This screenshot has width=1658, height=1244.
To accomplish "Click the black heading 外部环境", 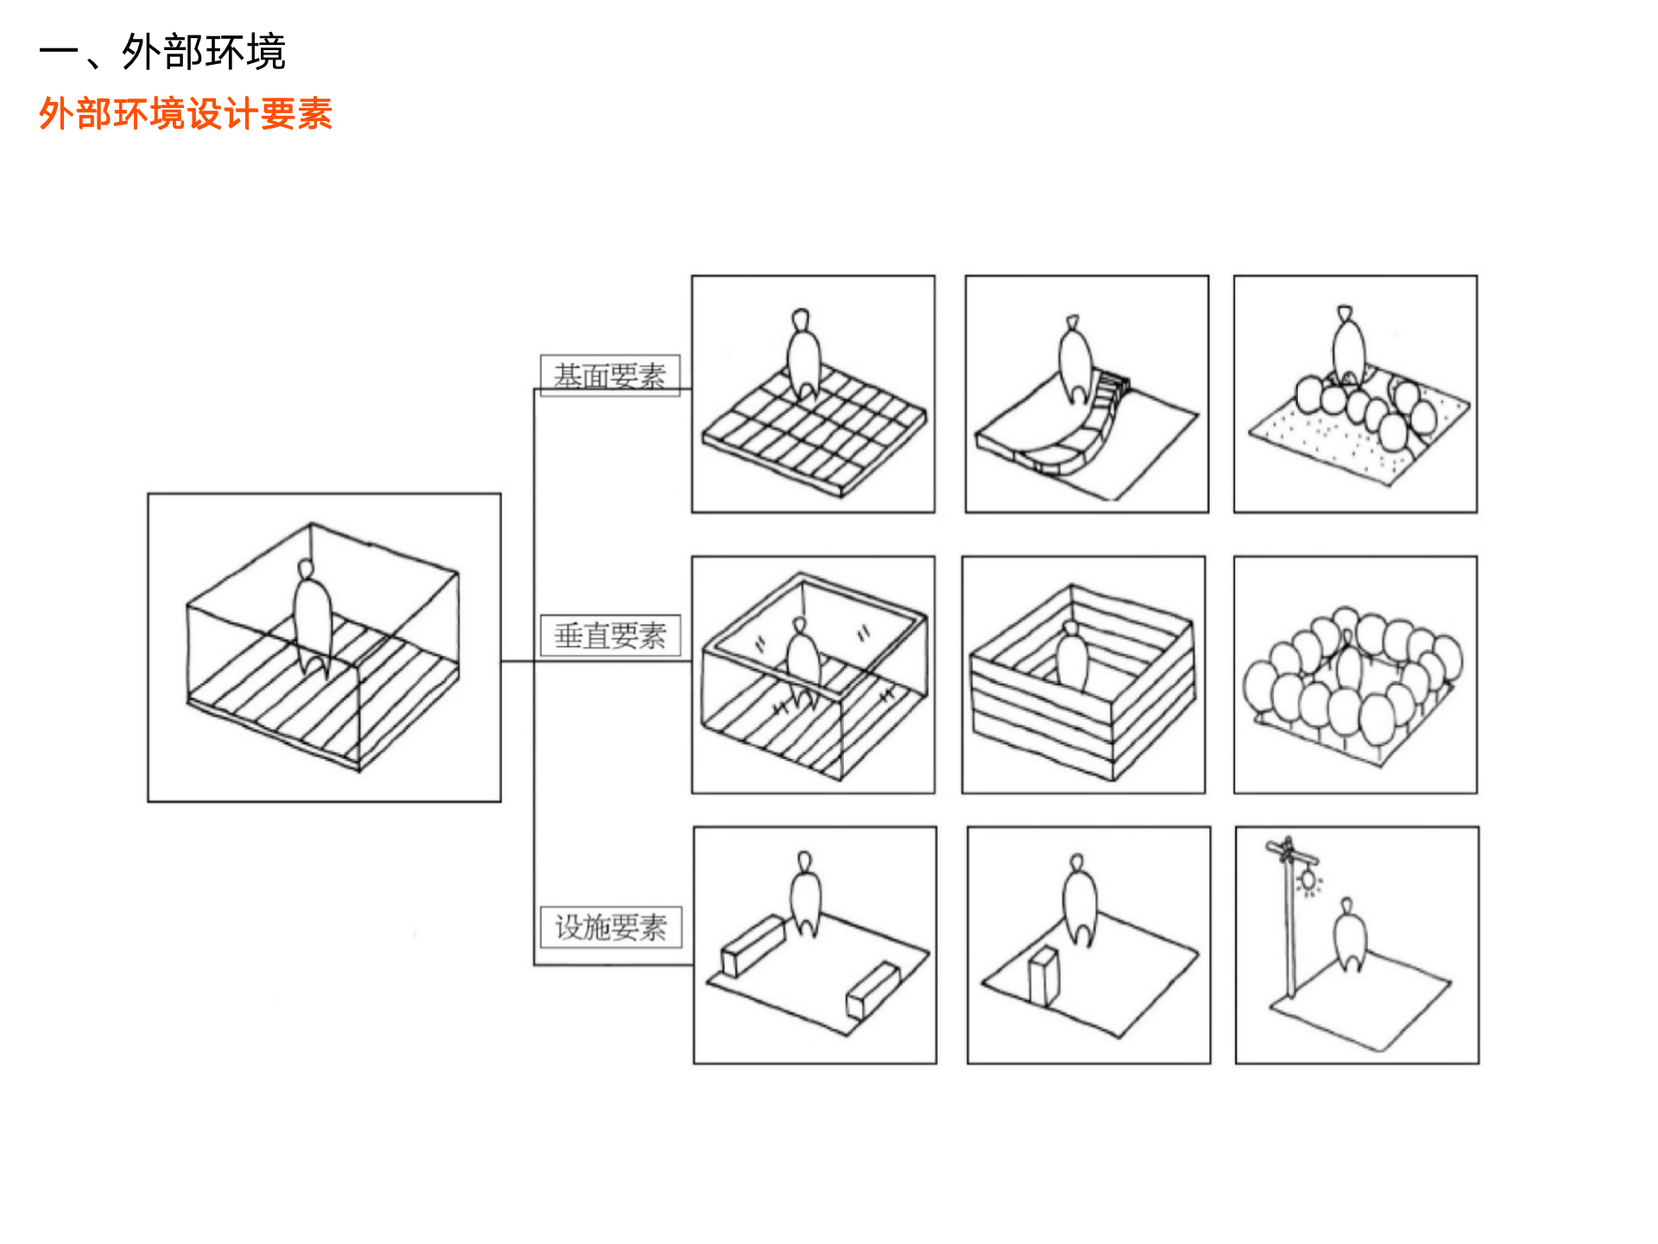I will [x=204, y=52].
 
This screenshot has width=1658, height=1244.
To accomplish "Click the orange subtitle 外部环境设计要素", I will [x=186, y=114].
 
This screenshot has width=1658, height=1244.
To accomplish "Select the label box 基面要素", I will [x=610, y=375].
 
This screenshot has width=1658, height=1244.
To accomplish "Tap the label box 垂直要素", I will [x=610, y=636].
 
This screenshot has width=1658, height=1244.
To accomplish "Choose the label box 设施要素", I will [x=611, y=927].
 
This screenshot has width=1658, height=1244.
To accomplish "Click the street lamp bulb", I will [x=1309, y=880].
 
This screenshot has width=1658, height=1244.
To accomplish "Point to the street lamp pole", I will [x=1290, y=933].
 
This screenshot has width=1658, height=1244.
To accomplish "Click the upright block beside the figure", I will [x=1043, y=976].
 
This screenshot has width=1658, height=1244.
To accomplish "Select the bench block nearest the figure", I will [x=752, y=945].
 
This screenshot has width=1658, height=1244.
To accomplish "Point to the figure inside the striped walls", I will [x=1072, y=657].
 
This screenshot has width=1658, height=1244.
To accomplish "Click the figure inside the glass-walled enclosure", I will [x=803, y=661].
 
